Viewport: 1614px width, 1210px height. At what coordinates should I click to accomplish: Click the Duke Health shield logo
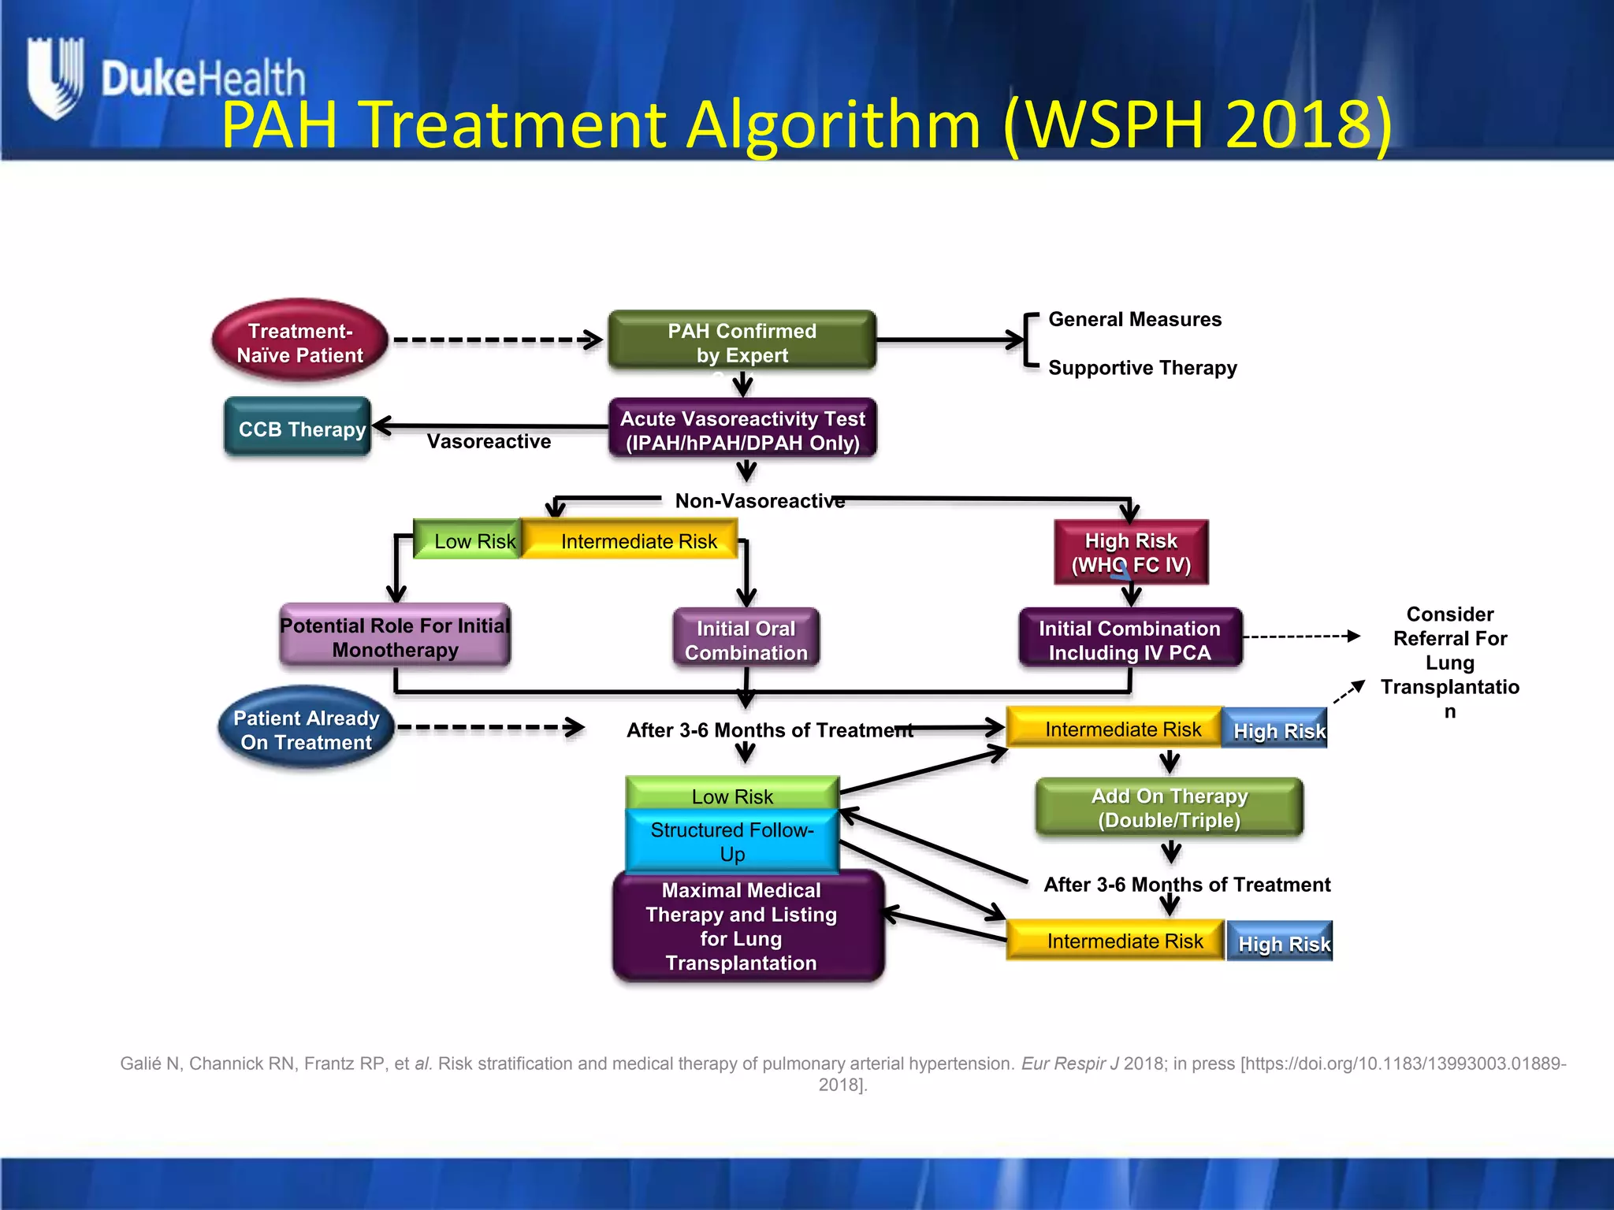[x=54, y=77]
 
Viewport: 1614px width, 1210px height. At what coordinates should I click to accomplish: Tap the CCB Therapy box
[x=298, y=428]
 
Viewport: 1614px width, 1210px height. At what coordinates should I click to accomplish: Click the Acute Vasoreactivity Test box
[x=742, y=429]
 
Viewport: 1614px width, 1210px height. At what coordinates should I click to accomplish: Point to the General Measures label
[x=1134, y=319]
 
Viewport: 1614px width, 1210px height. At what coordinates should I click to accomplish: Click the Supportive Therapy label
[x=1142, y=368]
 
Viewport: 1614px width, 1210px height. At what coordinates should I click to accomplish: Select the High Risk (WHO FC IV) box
[x=1131, y=552]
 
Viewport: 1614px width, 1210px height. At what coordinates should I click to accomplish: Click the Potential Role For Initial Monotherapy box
[x=395, y=637]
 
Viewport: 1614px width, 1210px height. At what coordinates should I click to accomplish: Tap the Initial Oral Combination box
[x=746, y=640]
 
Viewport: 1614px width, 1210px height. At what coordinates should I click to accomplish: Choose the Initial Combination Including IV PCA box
[x=1129, y=640]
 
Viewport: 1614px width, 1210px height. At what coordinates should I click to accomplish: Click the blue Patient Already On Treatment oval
[x=306, y=729]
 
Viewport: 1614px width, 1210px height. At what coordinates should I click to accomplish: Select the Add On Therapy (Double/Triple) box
[x=1169, y=807]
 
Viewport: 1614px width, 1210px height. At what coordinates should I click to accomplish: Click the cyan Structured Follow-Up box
[x=732, y=841]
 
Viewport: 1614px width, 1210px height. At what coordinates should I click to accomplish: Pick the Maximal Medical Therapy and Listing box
[x=747, y=926]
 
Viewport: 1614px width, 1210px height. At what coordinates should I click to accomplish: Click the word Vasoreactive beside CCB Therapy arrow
[x=489, y=441]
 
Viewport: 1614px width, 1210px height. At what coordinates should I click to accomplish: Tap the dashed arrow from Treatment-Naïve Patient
[x=496, y=340]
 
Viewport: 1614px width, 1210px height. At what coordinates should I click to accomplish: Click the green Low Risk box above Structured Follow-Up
[x=732, y=795]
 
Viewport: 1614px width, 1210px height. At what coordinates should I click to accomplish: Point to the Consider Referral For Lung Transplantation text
[x=1449, y=662]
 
